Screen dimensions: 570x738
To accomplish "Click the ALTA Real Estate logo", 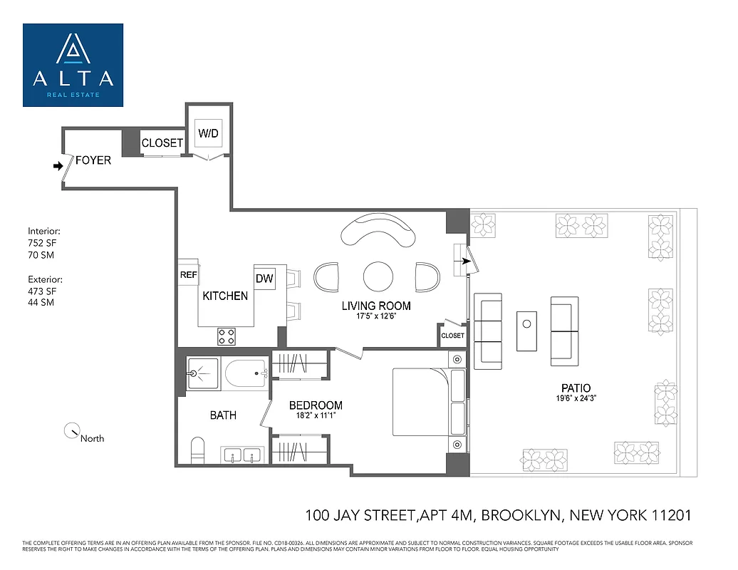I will tap(73, 65).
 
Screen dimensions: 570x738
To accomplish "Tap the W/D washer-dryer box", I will tap(209, 133).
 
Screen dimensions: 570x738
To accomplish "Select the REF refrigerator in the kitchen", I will tap(188, 274).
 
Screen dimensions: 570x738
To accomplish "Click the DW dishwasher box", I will tap(264, 279).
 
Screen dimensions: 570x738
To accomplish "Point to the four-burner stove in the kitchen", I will tap(227, 336).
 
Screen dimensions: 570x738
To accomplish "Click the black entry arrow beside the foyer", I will tap(58, 166).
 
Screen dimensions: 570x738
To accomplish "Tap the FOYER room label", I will tap(93, 160).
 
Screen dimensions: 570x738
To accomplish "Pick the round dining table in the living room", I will tap(378, 276).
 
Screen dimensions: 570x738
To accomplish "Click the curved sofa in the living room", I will tap(378, 230).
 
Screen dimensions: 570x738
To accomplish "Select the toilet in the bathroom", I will tap(197, 450).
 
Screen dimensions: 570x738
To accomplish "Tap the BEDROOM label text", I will tap(316, 405).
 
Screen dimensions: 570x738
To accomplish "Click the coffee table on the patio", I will tap(526, 325).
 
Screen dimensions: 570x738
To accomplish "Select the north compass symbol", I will tap(72, 431).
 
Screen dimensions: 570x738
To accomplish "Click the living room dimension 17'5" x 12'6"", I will tap(376, 317).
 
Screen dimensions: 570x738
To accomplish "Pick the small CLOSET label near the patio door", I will tap(452, 336).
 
